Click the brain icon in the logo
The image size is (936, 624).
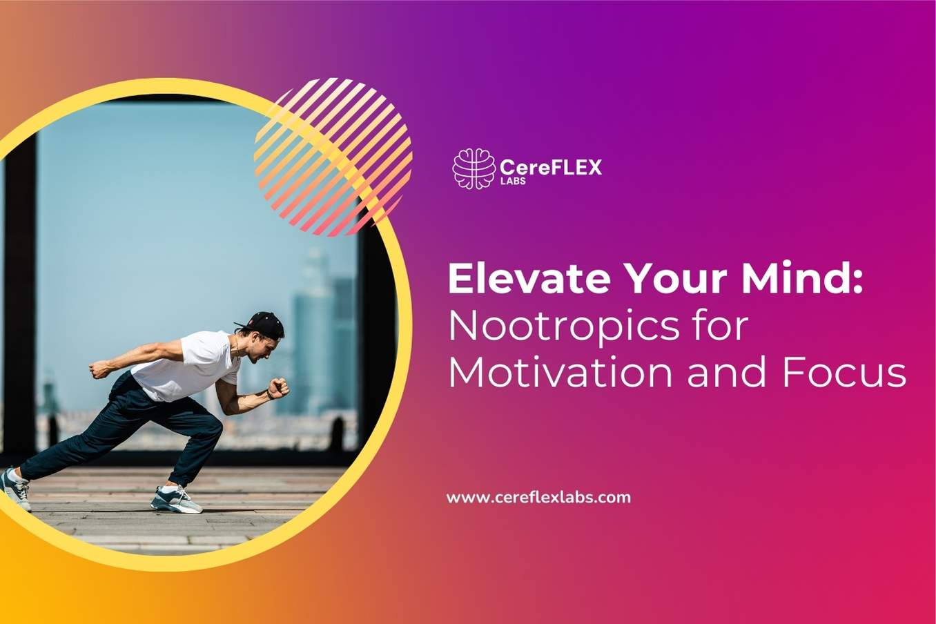474,168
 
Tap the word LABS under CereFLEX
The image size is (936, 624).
512,181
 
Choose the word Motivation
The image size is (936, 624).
560,373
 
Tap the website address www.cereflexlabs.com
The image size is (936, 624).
538,497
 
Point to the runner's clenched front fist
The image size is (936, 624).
279,387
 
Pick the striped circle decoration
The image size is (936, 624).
333,156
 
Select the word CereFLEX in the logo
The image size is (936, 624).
550,166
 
